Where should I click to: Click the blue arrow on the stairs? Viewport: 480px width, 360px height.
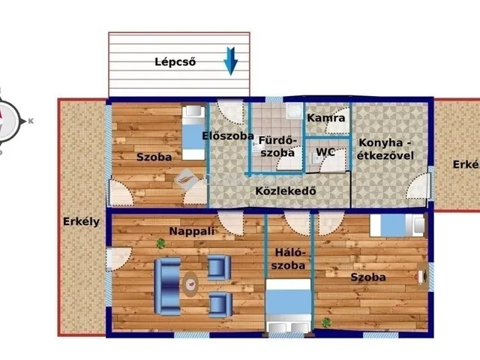tap(231, 61)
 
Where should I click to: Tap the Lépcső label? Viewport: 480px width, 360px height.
tap(175, 62)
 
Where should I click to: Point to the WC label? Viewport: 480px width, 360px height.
tap(325, 151)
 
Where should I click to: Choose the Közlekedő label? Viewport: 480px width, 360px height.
tap(286, 190)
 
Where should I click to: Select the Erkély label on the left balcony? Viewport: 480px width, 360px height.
tap(81, 221)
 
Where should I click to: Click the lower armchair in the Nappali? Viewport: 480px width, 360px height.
tap(219, 304)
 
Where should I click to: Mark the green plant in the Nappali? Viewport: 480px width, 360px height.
tap(160, 243)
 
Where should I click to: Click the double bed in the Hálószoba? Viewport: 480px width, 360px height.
tap(287, 304)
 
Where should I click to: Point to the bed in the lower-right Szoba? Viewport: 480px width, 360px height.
tap(397, 225)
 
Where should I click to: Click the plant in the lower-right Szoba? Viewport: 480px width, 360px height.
tap(326, 322)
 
